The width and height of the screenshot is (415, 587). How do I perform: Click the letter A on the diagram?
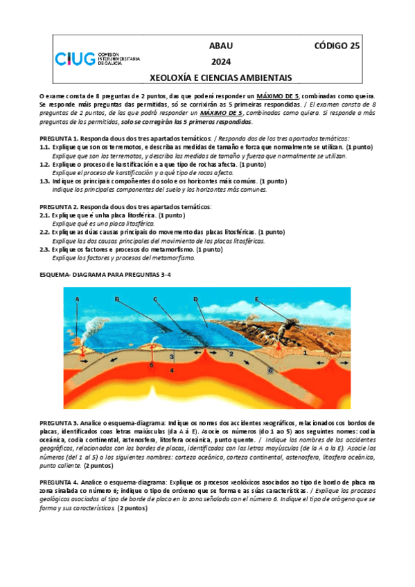pos(78,298)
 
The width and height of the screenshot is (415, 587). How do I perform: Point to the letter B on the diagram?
pos(117,299)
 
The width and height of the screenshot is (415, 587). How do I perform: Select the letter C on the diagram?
pos(156,299)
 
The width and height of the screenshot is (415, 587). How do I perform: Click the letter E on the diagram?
pos(256,299)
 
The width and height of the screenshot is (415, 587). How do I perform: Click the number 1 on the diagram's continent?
pos(305,352)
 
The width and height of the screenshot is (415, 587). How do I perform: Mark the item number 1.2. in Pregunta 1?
pos(45,165)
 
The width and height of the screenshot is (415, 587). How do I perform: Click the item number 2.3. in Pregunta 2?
pos(45,249)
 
